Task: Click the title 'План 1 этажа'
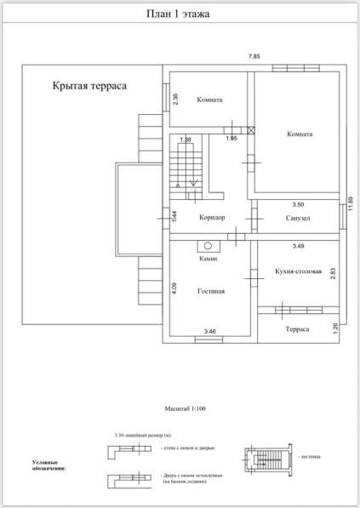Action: coord(180,14)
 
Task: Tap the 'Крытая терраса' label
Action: coord(90,86)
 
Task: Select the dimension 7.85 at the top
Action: coord(254,56)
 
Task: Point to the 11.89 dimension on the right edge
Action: coord(349,207)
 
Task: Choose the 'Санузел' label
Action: coord(291,219)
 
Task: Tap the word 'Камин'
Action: coord(209,258)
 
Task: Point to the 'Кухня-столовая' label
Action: coord(298,271)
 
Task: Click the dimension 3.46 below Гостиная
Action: coord(210,329)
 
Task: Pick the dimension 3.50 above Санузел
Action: coord(298,205)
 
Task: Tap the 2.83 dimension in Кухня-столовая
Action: coord(333,271)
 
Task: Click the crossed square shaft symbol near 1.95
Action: coord(251,129)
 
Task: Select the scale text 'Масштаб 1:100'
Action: coord(180,408)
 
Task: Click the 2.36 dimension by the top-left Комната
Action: coord(175,99)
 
